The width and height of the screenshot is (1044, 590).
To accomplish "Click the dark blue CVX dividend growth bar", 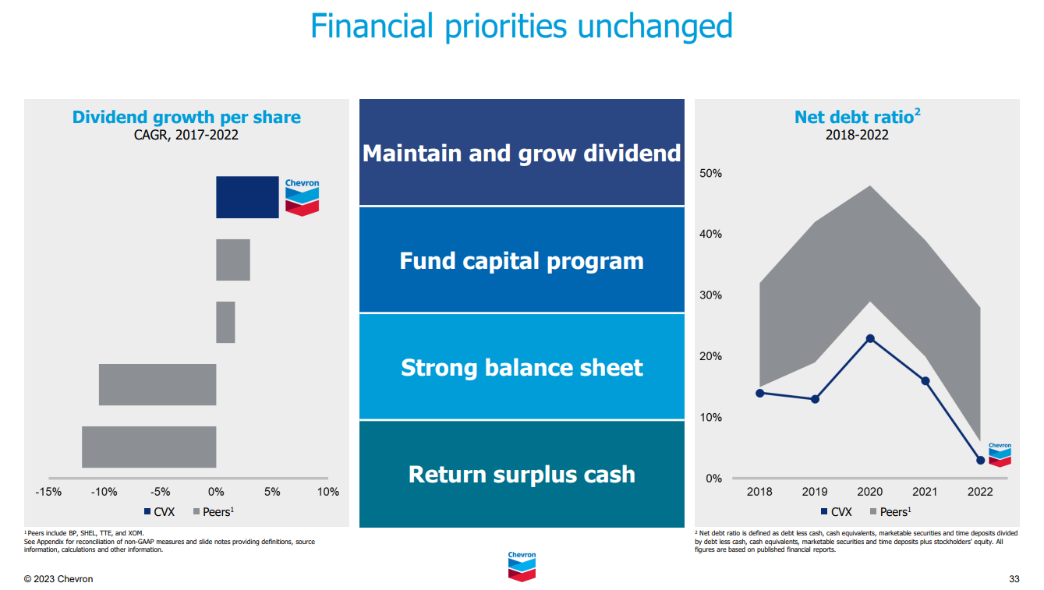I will click(247, 197).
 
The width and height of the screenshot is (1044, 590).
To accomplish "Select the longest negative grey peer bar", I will click(149, 447).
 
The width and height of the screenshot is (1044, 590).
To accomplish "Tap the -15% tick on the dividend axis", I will click(48, 492).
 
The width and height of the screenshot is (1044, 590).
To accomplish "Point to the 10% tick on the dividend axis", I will click(328, 492).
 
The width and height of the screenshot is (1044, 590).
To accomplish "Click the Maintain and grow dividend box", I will click(522, 153).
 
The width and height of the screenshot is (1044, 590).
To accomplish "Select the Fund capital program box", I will click(522, 260).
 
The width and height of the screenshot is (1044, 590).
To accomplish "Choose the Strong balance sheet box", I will click(522, 367).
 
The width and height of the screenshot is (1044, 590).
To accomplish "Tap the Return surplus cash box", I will click(522, 474).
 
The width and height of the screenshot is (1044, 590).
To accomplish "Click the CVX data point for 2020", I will click(870, 338).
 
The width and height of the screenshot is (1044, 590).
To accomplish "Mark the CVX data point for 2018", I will click(759, 393).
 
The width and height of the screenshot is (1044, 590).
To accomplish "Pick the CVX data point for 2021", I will click(925, 381).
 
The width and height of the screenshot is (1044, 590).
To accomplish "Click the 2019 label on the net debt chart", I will click(815, 492).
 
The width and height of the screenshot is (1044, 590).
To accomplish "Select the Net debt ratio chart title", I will click(857, 117).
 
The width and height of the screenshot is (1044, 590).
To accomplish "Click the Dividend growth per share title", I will click(186, 117).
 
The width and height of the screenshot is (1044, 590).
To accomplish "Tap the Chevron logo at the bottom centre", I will click(522, 566).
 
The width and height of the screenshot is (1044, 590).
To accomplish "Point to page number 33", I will click(1014, 579).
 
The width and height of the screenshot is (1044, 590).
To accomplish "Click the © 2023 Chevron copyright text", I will click(58, 579).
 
